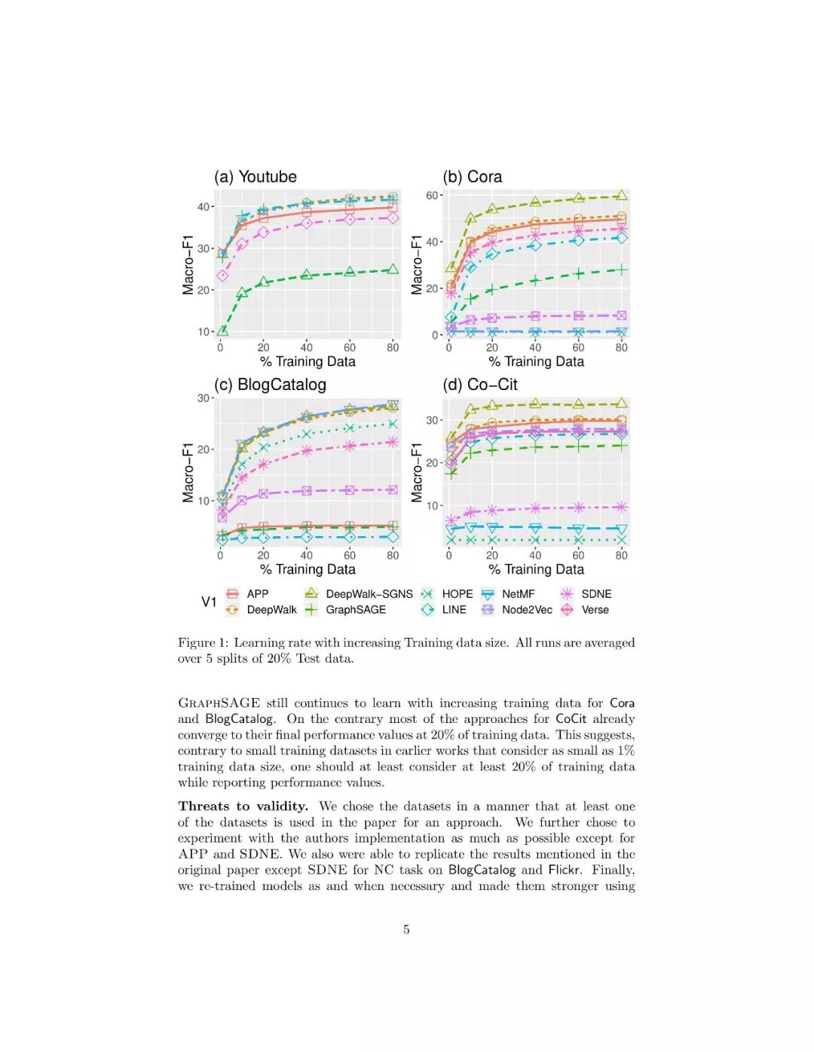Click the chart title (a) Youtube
tap(255, 177)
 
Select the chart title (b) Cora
tap(472, 177)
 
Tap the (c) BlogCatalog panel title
tap(270, 385)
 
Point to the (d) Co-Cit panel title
tap(479, 385)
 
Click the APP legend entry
tap(257, 594)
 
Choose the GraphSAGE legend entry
tap(355, 610)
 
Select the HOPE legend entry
tap(457, 594)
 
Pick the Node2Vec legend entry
tap(527, 610)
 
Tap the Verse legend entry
tap(595, 610)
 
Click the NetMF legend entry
tap(518, 594)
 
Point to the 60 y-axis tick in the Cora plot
tap(433, 195)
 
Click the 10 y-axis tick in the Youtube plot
tap(203, 331)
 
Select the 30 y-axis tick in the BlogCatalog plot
tap(203, 398)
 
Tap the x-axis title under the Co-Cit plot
tap(536, 569)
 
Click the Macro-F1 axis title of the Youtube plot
tap(188, 264)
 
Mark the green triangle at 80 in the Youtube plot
tap(393, 269)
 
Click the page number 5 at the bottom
tap(406, 929)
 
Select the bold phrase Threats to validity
tap(243, 807)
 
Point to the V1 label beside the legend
tap(209, 602)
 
